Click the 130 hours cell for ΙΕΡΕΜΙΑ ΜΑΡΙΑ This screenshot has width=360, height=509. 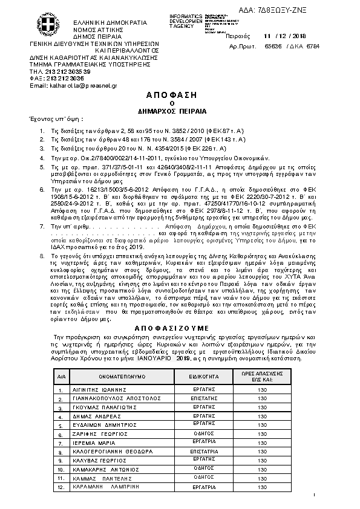pos(262,443)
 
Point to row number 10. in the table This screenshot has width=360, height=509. pos(61,469)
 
